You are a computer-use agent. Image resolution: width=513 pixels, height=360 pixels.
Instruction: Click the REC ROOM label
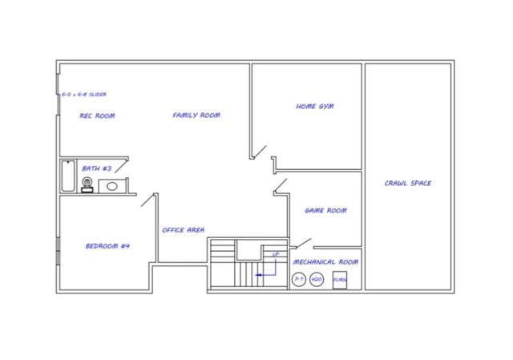(x=97, y=115)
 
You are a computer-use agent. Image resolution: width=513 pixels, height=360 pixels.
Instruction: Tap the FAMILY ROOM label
(x=196, y=115)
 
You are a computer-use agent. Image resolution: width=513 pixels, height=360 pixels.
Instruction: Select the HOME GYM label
(x=314, y=106)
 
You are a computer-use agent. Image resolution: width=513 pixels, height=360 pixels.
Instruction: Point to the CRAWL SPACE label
(x=408, y=184)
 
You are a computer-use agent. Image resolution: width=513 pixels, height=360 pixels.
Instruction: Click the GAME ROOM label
(x=325, y=211)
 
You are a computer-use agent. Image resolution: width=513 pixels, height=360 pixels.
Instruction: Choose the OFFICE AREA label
(x=183, y=230)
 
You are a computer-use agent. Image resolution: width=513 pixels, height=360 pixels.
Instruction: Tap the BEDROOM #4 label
(x=107, y=245)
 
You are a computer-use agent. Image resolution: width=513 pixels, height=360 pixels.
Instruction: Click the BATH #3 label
(x=97, y=168)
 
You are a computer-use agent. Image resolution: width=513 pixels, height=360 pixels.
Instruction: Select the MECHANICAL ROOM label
(x=325, y=261)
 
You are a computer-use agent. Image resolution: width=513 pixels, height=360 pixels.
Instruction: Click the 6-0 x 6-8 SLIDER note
(x=84, y=95)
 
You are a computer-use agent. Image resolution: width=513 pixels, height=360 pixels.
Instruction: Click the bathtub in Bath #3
(x=67, y=176)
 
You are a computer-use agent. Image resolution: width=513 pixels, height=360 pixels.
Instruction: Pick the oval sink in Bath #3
(x=111, y=186)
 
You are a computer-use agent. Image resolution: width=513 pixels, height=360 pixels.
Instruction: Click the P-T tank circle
(x=299, y=279)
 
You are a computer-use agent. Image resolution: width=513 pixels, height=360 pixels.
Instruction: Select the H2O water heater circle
(x=317, y=279)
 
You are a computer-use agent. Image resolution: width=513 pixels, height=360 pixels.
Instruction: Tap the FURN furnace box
(x=340, y=279)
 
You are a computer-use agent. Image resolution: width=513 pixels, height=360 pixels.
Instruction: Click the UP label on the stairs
(x=276, y=254)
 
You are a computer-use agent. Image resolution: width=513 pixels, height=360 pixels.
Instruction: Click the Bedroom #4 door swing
(x=147, y=199)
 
